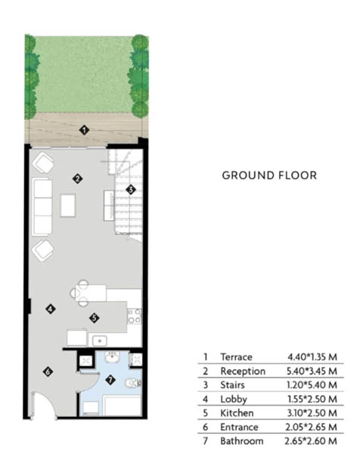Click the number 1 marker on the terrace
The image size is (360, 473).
click(84, 130)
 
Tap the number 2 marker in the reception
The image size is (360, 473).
click(77, 179)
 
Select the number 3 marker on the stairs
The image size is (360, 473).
click(131, 190)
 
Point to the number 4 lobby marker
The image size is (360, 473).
click(51, 309)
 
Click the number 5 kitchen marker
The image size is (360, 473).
click(95, 318)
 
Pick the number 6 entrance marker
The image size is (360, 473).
click(48, 372)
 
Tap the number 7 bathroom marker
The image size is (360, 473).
click(110, 380)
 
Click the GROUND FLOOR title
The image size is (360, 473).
click(269, 176)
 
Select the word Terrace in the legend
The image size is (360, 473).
click(237, 357)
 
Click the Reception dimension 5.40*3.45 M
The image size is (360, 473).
click(312, 371)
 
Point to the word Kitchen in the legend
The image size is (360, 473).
click(237, 413)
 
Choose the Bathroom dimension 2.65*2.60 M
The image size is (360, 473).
click(311, 441)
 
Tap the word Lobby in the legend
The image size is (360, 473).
click(234, 400)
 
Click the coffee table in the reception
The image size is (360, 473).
click(68, 205)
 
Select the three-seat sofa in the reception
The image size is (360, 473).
click(42, 207)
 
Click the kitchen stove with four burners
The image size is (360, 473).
click(135, 316)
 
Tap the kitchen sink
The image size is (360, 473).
click(100, 341)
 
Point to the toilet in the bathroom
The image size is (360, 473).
click(133, 383)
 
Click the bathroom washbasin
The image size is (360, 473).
click(112, 356)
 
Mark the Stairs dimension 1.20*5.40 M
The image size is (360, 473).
click(312, 385)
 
